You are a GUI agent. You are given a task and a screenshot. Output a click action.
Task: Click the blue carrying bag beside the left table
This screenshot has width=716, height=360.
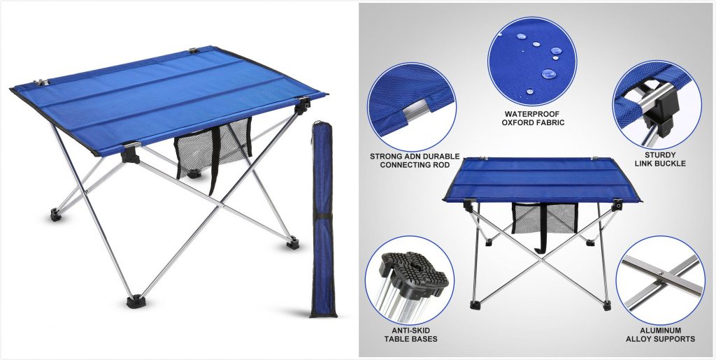[323, 219]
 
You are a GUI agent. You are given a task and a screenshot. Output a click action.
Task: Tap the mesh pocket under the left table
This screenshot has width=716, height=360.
[213, 148]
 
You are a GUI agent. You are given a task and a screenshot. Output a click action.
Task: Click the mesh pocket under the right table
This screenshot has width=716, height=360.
[544, 217]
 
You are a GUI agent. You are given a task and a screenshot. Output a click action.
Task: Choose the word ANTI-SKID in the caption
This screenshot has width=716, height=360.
[410, 331]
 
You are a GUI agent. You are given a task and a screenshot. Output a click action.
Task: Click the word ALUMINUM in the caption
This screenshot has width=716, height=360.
[660, 331]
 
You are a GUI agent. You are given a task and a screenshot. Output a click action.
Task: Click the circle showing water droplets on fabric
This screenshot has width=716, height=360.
[532, 62]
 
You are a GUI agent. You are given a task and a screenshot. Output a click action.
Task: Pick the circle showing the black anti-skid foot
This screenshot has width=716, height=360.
[410, 280]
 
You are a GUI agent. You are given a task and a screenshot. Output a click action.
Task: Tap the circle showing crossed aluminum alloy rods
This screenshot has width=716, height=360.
[660, 280]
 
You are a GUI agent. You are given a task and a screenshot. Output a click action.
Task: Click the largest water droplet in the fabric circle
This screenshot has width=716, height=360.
[548, 73]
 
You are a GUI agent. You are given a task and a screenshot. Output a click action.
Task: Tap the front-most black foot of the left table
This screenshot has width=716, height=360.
[134, 301]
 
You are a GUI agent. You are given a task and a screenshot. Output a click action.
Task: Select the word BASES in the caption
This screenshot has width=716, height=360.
[424, 339]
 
